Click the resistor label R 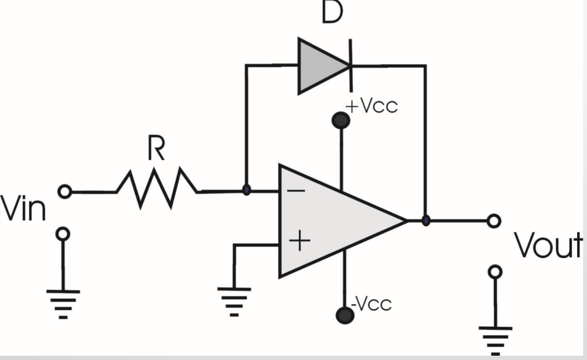coord(156,149)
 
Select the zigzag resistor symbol coord(157,188)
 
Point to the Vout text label coord(548,246)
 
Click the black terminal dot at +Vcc coord(341,120)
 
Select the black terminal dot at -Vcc coord(345,315)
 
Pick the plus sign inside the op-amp coord(299,242)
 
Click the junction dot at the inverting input coord(246,190)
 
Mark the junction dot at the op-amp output coord(426,221)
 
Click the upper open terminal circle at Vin coord(64,192)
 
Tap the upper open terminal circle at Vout coord(494,221)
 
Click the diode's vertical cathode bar coord(351,65)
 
